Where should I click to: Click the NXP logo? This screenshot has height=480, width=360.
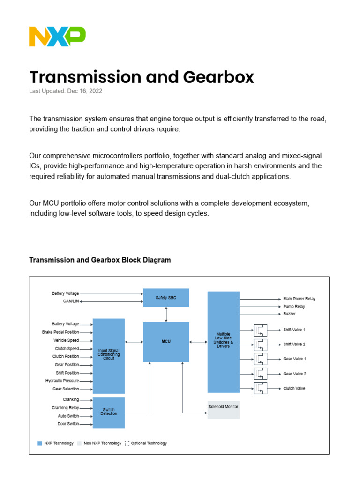pyautogui.click(x=57, y=37)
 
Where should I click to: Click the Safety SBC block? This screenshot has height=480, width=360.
pyautogui.click(x=166, y=298)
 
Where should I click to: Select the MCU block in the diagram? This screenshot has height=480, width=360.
pyautogui.click(x=166, y=342)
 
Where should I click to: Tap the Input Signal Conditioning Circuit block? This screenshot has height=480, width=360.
pyautogui.click(x=109, y=355)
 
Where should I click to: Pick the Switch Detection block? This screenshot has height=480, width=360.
pyautogui.click(x=109, y=412)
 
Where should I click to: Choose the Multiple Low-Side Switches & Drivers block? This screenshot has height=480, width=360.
pyautogui.click(x=223, y=342)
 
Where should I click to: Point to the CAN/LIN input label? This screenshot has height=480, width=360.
pyautogui.click(x=71, y=301)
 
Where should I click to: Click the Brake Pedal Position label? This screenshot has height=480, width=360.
pyautogui.click(x=60, y=332)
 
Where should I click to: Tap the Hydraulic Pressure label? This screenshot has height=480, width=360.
pyautogui.click(x=62, y=381)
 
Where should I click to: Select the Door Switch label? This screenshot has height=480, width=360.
pyautogui.click(x=68, y=424)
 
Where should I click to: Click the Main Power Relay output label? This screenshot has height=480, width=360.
pyautogui.click(x=299, y=299)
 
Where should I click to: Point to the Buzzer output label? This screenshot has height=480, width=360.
pyautogui.click(x=289, y=314)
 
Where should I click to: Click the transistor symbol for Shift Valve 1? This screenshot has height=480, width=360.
pyautogui.click(x=260, y=330)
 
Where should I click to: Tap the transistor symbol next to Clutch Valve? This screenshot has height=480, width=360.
pyautogui.click(x=260, y=388)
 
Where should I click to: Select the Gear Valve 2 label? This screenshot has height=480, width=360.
pyautogui.click(x=294, y=374)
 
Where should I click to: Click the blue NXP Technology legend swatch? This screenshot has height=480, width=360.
pyautogui.click(x=40, y=443)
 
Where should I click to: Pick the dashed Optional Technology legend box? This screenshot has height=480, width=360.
pyautogui.click(x=127, y=443)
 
